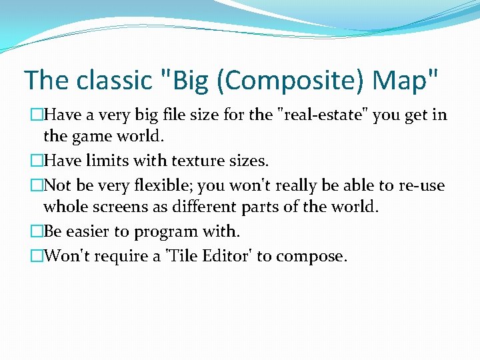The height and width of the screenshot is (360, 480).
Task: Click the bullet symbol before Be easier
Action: point(36,231)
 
